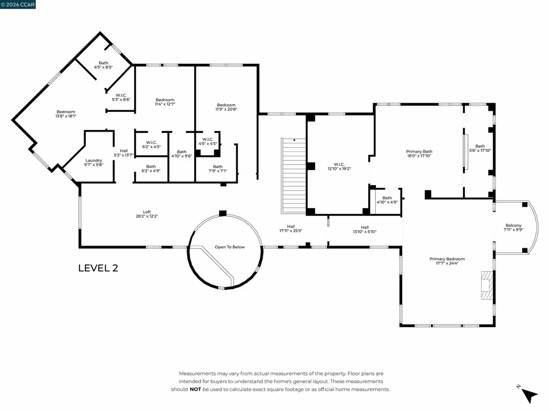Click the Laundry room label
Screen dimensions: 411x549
point(93,160)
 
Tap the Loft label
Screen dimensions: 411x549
point(146,211)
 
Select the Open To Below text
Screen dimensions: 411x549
point(229,247)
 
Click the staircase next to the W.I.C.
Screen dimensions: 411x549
point(293,176)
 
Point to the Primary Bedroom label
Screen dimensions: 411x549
point(447,259)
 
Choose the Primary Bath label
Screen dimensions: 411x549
point(419,151)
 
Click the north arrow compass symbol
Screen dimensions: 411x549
point(529,394)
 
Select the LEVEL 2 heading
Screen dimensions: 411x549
point(98,268)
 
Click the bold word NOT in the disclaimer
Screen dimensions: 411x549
point(196,390)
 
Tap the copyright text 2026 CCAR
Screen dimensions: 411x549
point(19,5)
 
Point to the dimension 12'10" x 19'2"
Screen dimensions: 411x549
point(339,169)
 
